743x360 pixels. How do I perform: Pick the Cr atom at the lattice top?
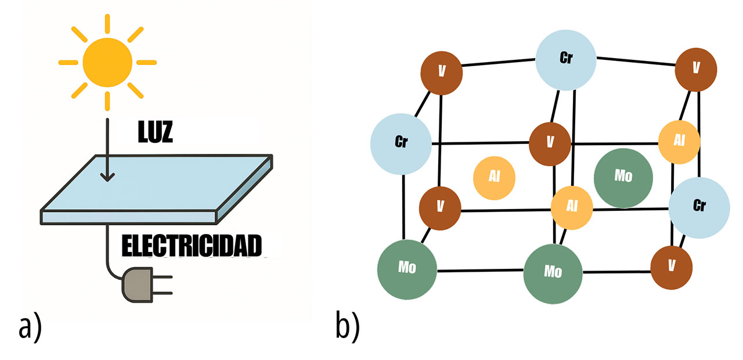click(566, 60)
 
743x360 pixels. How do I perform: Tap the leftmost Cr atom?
click(401, 143)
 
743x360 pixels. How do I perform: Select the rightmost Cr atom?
click(699, 207)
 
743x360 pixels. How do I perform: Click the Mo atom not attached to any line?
click(623, 177)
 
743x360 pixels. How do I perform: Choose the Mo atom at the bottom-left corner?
click(406, 268)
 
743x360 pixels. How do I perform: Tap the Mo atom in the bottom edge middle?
click(553, 272)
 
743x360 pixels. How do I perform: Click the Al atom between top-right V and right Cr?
click(679, 142)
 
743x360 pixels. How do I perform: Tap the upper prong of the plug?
click(165, 278)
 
